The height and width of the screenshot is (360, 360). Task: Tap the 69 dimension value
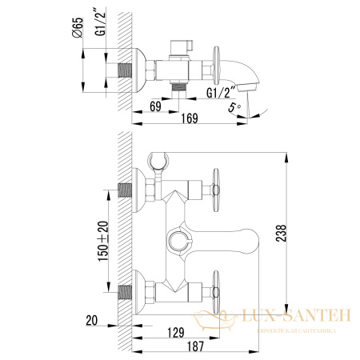(156, 105)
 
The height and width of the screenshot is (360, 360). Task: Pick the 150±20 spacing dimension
(102, 238)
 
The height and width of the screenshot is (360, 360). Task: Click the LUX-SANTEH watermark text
(300, 317)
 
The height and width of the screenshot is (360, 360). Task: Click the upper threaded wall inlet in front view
(126, 190)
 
